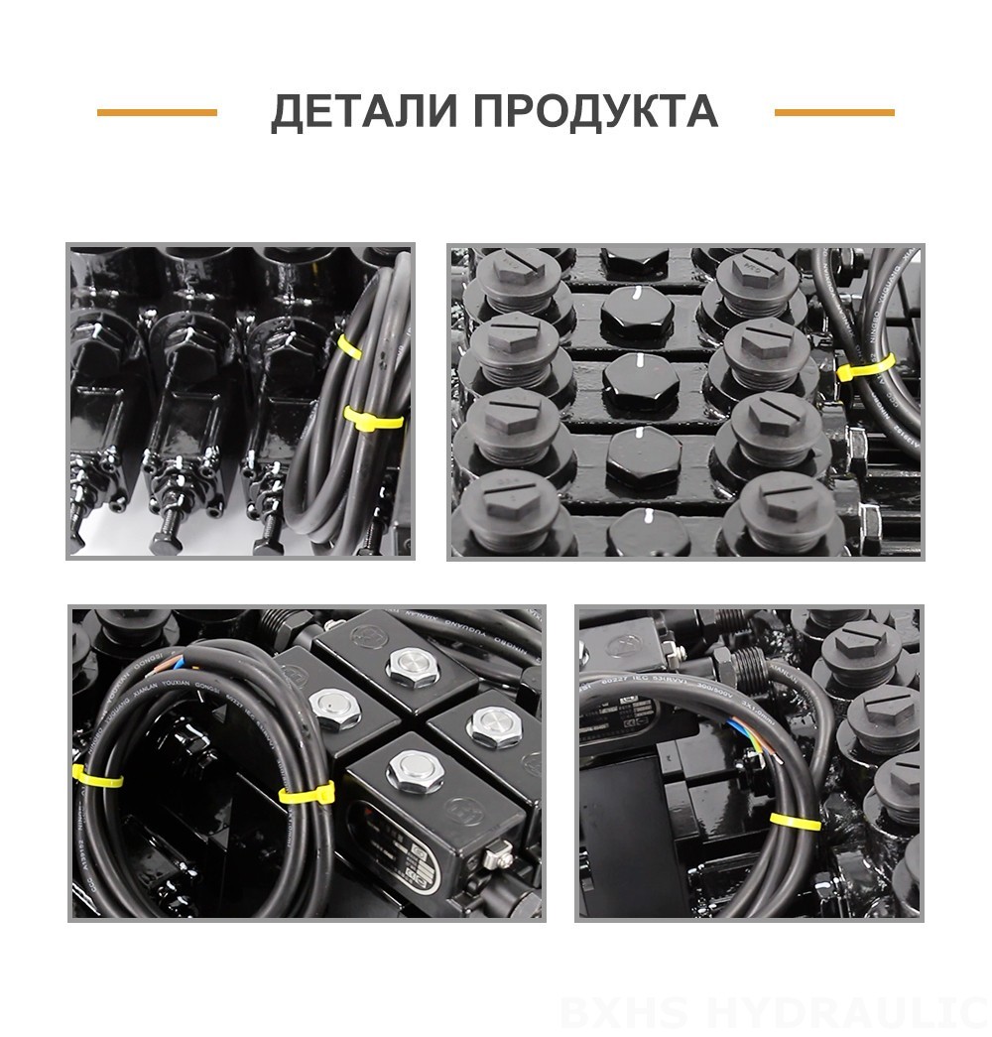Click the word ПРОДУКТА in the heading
pyautogui.click(x=595, y=112)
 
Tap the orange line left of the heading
pyautogui.click(x=157, y=112)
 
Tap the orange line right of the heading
pyautogui.click(x=834, y=112)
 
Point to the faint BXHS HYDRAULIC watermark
pyautogui.click(x=774, y=1012)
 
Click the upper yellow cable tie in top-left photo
pyautogui.click(x=349, y=346)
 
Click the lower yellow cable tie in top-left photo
pyautogui.click(x=373, y=418)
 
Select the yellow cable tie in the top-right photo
pyautogui.click(x=865, y=368)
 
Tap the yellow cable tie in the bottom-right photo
pyautogui.click(x=795, y=821)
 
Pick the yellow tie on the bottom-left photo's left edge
pyautogui.click(x=97, y=775)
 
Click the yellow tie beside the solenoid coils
pyautogui.click(x=307, y=791)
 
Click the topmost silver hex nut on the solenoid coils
pyautogui.click(x=413, y=667)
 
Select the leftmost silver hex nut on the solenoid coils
pyautogui.click(x=330, y=705)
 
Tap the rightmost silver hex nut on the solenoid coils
pyautogui.click(x=493, y=724)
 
